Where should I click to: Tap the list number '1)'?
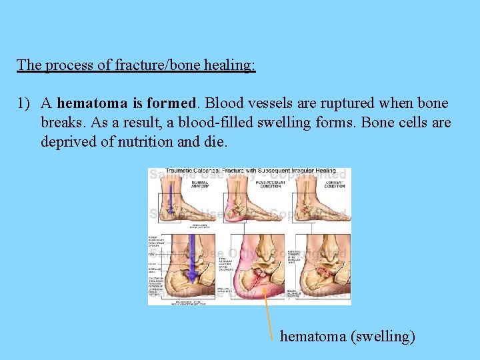click(25, 103)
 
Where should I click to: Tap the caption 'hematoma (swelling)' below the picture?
click(347, 336)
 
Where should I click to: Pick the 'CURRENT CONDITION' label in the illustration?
click(334, 185)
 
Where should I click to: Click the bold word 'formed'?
click(177, 103)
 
